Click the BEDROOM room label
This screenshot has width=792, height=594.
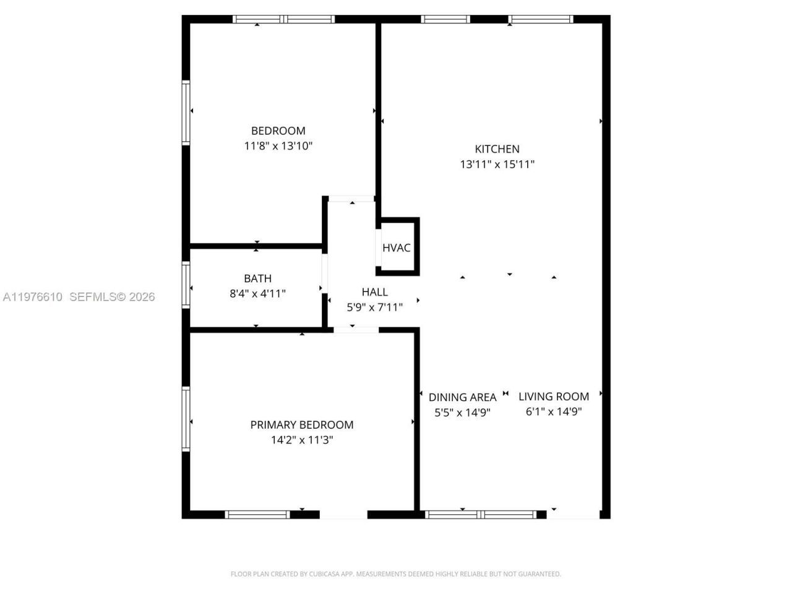click(x=278, y=131)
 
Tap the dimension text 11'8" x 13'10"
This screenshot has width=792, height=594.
click(x=278, y=146)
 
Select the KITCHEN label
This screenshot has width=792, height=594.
click(x=497, y=148)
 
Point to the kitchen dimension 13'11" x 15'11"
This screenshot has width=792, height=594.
click(x=497, y=164)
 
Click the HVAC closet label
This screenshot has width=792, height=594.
click(x=396, y=247)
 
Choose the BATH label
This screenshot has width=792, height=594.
click(x=257, y=278)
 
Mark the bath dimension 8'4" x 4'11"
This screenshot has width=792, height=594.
click(x=257, y=293)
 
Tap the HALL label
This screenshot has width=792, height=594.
click(x=374, y=291)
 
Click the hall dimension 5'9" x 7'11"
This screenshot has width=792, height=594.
click(x=374, y=307)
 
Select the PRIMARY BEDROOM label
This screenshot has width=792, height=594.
click(x=302, y=424)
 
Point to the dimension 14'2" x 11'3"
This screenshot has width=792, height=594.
click(x=302, y=440)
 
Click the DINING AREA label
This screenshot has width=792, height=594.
click(x=462, y=397)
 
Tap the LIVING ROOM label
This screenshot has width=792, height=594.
click(x=553, y=396)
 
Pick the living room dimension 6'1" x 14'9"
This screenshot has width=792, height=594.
click(x=553, y=411)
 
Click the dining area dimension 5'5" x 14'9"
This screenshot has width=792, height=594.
click(x=462, y=412)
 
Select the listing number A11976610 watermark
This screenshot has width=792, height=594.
click(x=32, y=297)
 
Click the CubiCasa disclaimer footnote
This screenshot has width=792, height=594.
click(x=396, y=574)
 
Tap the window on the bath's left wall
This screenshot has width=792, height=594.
click(x=186, y=285)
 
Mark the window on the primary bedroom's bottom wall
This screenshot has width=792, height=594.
click(x=257, y=514)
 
